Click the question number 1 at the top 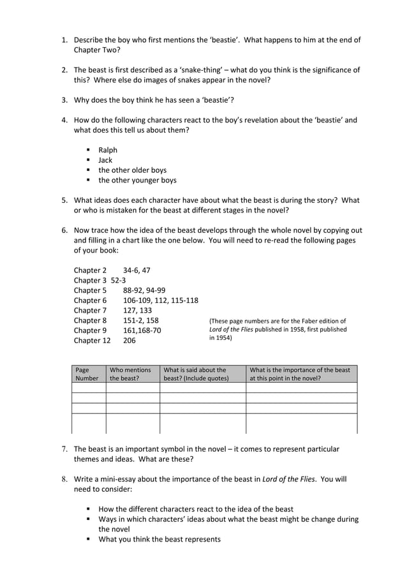[x=64, y=40]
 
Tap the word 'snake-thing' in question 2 [x=177, y=70]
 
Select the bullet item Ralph [x=108, y=150]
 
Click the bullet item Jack [x=105, y=160]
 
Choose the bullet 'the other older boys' [x=132, y=170]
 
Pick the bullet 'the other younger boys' [x=137, y=181]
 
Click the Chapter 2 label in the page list [x=90, y=270]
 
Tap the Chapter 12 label [x=92, y=341]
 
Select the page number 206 [x=129, y=341]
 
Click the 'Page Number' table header [x=87, y=374]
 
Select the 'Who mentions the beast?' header [x=131, y=374]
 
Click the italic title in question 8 [x=288, y=479]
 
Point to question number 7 [x=64, y=449]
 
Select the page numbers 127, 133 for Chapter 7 [x=137, y=310]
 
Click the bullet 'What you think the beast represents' [x=159, y=539]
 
